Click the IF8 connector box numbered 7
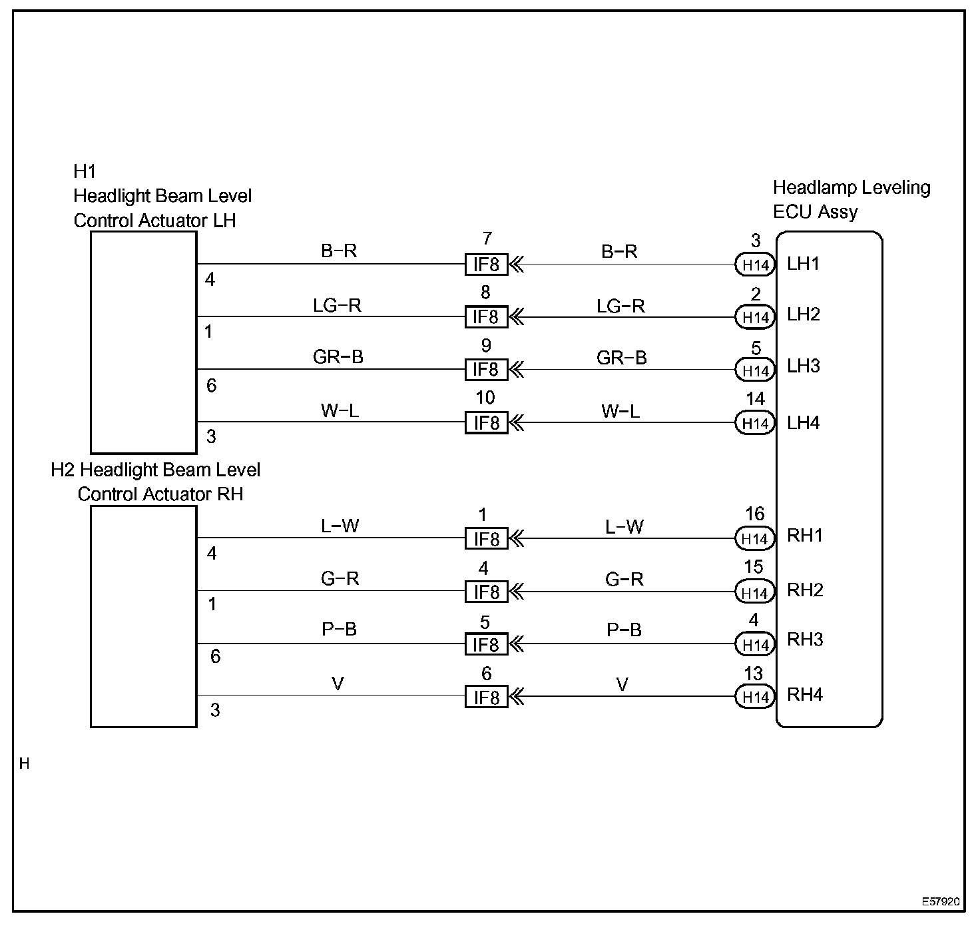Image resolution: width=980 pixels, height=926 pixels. point(486,264)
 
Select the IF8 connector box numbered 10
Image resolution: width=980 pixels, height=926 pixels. point(486,423)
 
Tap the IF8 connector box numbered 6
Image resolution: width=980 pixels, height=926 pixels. point(486,697)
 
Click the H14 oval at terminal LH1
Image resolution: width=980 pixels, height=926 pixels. point(755,265)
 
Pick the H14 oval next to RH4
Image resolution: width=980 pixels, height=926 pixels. point(755,697)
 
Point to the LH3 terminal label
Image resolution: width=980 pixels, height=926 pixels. point(804,366)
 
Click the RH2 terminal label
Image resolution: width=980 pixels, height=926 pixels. point(805,590)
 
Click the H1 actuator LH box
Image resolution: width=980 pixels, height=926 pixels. point(144,342)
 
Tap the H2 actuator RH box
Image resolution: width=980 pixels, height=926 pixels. point(144,616)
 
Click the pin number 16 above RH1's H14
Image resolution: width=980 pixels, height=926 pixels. point(754,514)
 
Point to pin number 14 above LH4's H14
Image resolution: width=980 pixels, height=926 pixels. point(755,399)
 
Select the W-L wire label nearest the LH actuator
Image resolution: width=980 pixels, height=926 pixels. point(340,410)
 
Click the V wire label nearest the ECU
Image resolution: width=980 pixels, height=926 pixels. point(622,684)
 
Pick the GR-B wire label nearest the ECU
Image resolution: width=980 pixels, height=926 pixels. point(621,358)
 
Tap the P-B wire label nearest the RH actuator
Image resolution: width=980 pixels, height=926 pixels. point(340,630)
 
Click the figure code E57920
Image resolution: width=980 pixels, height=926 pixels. point(940,901)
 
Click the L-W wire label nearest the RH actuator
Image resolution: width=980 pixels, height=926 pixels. point(340,526)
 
